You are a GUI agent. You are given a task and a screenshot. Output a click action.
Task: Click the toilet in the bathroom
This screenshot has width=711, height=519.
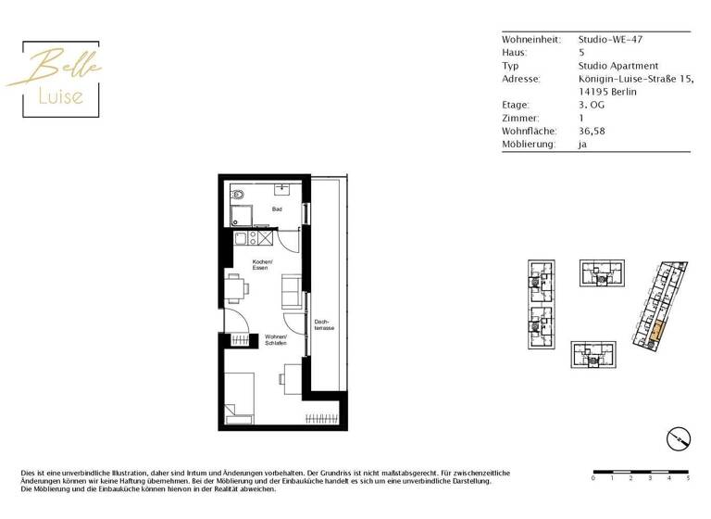point(238,196)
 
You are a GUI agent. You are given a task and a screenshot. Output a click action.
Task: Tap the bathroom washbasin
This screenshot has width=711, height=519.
point(281,189)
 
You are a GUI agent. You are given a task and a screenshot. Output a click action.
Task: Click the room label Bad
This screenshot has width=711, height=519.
point(276,210)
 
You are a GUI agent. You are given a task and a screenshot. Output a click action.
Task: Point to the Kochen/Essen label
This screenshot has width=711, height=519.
point(262,264)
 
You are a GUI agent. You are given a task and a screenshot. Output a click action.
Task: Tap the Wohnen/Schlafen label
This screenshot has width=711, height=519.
point(276,339)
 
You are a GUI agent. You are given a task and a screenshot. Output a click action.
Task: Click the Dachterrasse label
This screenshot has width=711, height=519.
point(323,325)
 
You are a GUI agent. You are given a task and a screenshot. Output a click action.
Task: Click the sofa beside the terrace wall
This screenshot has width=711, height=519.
point(290,292)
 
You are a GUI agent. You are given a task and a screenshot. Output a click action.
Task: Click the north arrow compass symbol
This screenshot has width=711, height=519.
point(677,437)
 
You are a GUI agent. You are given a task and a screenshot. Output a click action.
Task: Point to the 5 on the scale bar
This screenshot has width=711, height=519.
point(687,480)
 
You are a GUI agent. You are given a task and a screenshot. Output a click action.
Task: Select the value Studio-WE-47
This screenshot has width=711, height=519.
point(609,40)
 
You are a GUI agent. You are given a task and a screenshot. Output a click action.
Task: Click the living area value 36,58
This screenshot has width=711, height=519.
point(592,132)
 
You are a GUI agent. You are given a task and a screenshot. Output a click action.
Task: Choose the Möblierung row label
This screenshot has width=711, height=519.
point(529,145)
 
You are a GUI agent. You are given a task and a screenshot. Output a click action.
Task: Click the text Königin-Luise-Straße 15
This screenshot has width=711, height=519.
point(635,79)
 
